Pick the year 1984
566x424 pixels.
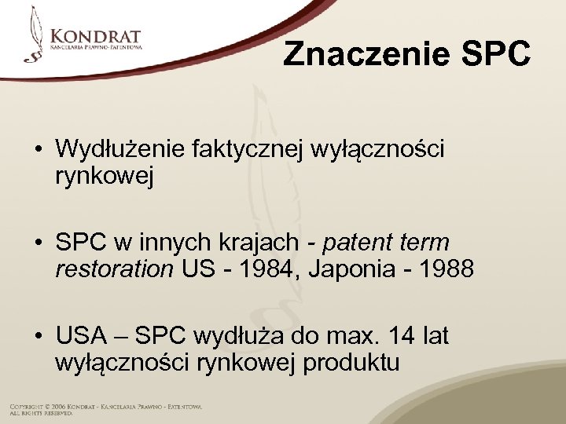(x=260, y=269)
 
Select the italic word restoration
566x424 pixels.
(x=115, y=269)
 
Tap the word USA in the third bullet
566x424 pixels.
(x=81, y=337)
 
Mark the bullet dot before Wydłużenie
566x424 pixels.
(x=38, y=149)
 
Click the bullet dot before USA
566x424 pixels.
(x=38, y=338)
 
